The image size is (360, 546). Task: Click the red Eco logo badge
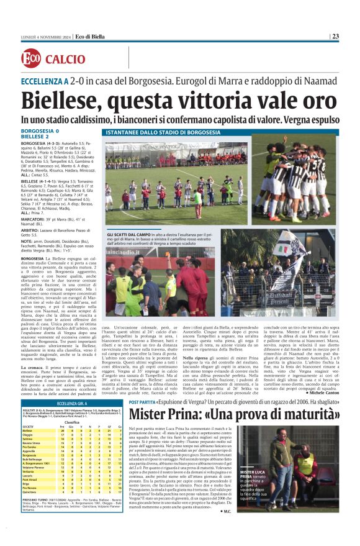[30, 59]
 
